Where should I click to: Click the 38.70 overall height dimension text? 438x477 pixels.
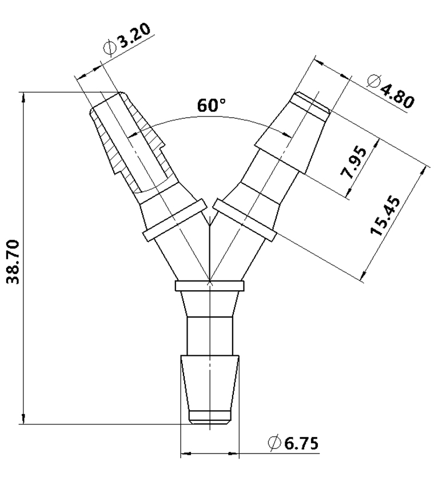pyautogui.click(x=13, y=262)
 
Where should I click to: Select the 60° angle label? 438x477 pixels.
pyautogui.click(x=212, y=106)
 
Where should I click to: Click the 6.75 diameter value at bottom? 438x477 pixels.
pyautogui.click(x=301, y=443)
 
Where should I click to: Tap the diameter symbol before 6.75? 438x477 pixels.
pyautogui.click(x=273, y=443)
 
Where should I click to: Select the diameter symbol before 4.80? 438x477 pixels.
pyautogui.click(x=373, y=81)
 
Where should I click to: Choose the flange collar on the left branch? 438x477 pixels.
pyautogui.click(x=174, y=220)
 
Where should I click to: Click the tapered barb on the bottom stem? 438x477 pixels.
pyautogui.click(x=210, y=383)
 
